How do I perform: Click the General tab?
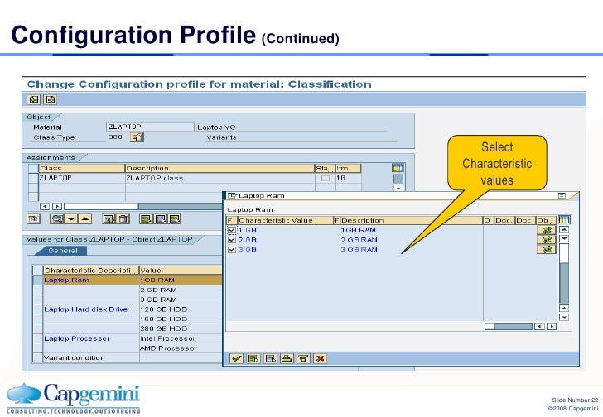click(x=63, y=251)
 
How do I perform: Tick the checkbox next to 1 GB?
click(x=231, y=229)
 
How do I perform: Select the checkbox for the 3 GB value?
click(x=231, y=249)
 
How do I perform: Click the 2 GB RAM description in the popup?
click(x=358, y=239)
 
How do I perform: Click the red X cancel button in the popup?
click(x=320, y=358)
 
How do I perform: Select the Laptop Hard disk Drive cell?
click(x=85, y=309)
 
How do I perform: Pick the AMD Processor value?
click(x=168, y=347)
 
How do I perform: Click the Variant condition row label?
click(x=75, y=357)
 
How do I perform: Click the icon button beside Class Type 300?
click(x=137, y=137)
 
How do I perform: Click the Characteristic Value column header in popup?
click(x=276, y=220)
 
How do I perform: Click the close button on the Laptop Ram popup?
click(x=561, y=196)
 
